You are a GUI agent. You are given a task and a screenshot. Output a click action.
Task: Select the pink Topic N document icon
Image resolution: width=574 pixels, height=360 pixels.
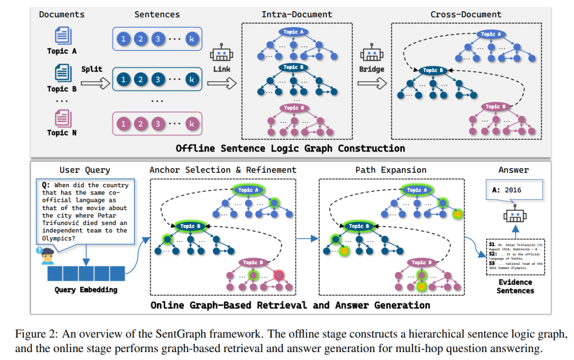click(63, 117)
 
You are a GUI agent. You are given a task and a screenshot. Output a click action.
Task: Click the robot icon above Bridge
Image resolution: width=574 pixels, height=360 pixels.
click(371, 55)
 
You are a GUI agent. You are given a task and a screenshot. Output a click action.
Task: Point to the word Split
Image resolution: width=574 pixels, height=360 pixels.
click(91, 69)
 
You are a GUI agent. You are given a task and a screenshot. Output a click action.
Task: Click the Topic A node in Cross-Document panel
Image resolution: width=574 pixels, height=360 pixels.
click(487, 35)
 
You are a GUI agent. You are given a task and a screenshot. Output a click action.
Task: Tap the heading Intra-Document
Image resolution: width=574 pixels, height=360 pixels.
click(297, 14)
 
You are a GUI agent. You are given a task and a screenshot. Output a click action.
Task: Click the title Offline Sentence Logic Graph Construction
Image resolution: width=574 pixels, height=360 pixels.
click(290, 148)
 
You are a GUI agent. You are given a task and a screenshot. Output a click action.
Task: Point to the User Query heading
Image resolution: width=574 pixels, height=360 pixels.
click(85, 170)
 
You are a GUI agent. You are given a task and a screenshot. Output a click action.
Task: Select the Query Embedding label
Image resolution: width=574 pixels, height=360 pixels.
click(86, 290)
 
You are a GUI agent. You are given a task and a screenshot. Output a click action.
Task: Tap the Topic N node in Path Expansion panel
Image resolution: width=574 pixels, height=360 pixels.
click(419, 263)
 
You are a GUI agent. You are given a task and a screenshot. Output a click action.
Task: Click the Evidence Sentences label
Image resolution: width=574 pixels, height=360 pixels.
click(514, 287)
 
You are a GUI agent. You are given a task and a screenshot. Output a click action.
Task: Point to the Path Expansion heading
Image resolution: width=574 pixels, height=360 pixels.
click(391, 170)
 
